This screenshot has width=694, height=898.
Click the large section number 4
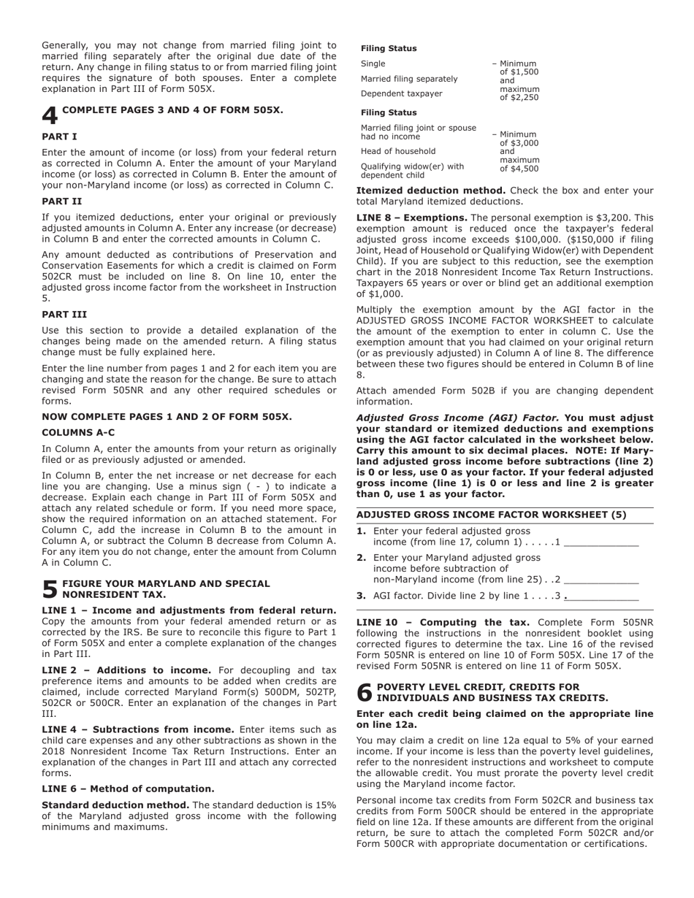click(x=50, y=116)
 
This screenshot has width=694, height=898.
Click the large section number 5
click(x=50, y=590)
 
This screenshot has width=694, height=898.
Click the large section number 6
click(x=365, y=693)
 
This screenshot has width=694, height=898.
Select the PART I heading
click(x=59, y=137)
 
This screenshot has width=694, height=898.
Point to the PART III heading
click(x=64, y=315)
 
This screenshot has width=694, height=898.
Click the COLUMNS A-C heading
click(x=78, y=433)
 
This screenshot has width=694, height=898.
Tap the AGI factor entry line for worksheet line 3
click(x=601, y=596)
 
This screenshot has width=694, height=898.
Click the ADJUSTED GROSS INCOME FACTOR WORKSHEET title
click(x=491, y=515)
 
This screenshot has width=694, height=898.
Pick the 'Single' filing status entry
click(x=373, y=64)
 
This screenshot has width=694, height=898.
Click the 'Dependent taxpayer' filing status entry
click(x=401, y=93)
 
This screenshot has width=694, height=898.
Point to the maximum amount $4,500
click(x=519, y=169)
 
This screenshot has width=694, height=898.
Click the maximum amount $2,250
click(x=519, y=97)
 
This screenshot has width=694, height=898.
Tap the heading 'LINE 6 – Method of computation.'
click(x=128, y=788)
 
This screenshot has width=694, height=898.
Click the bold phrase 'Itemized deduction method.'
click(x=430, y=191)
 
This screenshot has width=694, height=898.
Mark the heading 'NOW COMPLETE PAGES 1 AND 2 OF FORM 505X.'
click(x=167, y=417)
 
